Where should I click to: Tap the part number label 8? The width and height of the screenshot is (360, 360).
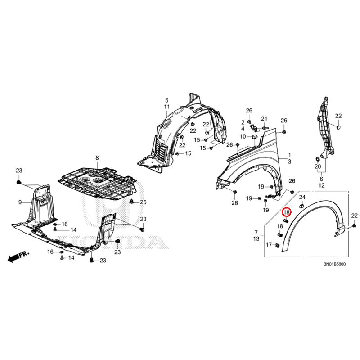[x=96, y=158]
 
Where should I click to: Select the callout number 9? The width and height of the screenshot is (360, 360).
[x=20, y=202]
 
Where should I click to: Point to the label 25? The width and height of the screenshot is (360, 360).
[x=143, y=202]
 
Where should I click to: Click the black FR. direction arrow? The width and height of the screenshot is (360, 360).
[x=14, y=256]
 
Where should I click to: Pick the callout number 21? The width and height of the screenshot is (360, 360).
[x=265, y=118]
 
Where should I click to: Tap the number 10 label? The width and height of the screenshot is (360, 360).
[x=243, y=136]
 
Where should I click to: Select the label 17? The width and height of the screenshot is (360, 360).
[x=268, y=245]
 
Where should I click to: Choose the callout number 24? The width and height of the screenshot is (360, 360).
[x=302, y=197]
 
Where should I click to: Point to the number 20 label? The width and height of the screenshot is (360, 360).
[x=318, y=167]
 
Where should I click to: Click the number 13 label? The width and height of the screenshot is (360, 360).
[x=256, y=238]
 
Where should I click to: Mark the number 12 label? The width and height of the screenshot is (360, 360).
[x=321, y=185]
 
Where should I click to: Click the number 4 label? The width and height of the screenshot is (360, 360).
[x=243, y=128]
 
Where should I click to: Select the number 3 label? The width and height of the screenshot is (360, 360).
[x=290, y=162]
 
